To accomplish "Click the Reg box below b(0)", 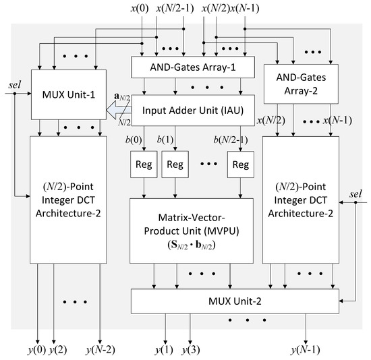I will tap(142, 164).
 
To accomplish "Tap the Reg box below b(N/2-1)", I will tap(239, 164).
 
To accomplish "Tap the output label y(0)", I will tap(39, 349).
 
